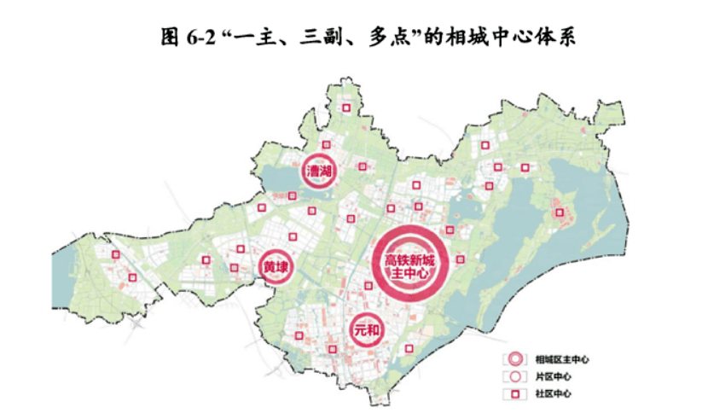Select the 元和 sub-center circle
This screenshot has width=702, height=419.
point(366,329)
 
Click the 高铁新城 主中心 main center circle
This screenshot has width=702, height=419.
point(407,265)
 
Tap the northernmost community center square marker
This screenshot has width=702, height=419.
point(346,108)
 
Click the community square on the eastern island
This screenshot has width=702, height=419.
point(560,212)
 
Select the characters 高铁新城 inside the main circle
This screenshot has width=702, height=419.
point(407,259)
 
